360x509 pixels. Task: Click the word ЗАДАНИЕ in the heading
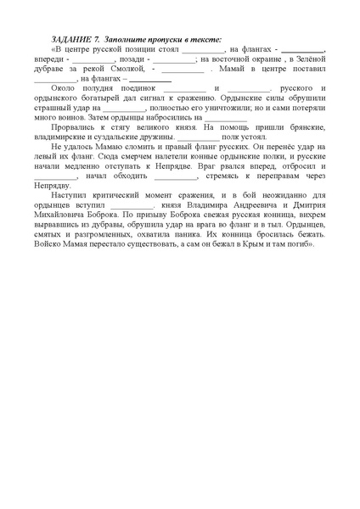click(69, 40)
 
